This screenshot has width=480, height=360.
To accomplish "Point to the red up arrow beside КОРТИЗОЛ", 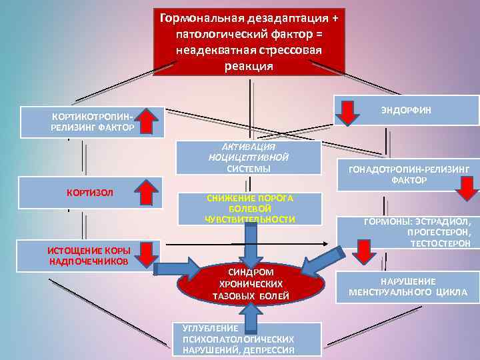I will pos(149,193).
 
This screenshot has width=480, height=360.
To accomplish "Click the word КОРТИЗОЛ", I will pos(90,193).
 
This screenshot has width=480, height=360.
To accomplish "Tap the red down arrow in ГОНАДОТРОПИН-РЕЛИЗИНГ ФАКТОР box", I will pos(461,191).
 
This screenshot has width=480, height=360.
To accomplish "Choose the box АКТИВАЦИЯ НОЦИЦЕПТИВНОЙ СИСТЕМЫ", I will pos(248,158).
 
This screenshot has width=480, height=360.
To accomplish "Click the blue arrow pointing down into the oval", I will pos(251,243).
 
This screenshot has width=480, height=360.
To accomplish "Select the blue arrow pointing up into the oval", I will pos(250,317).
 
